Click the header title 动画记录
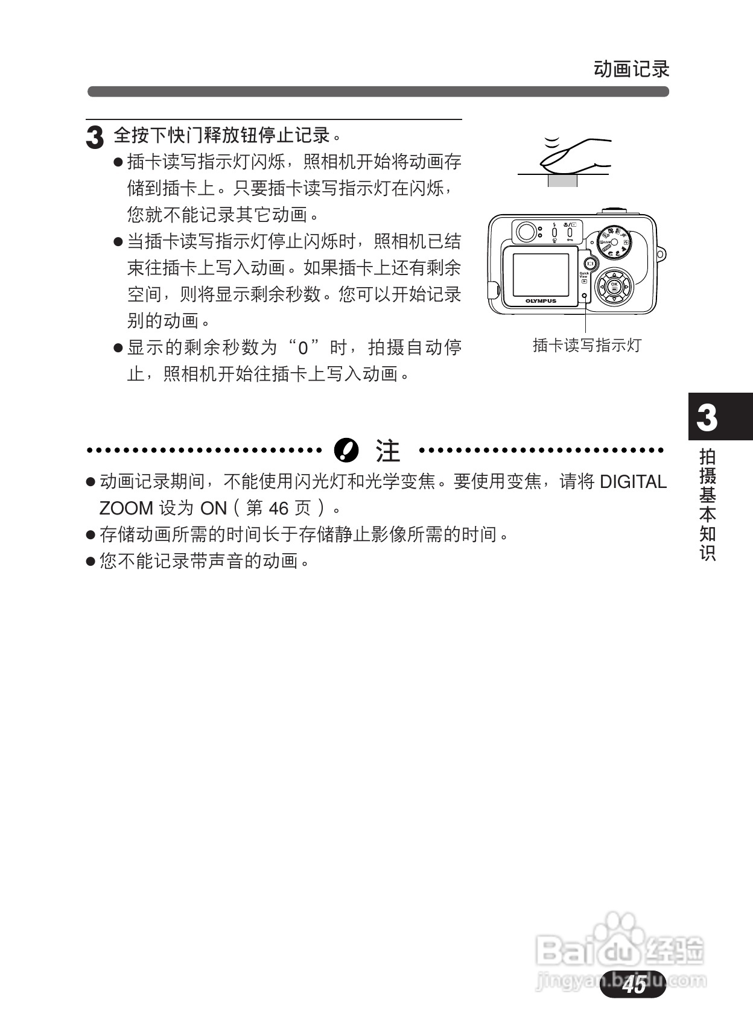point(631,69)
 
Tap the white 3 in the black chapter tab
point(707,417)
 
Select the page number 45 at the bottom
point(634,984)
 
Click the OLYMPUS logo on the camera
point(541,300)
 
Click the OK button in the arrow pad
point(614,286)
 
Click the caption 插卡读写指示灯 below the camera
point(586,345)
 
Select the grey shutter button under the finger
point(562,180)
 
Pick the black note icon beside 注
point(346,449)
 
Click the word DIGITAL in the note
point(633,482)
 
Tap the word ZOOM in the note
point(126,508)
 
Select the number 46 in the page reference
point(279,508)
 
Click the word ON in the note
point(213,508)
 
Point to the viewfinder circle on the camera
point(526,232)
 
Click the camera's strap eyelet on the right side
point(661,253)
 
